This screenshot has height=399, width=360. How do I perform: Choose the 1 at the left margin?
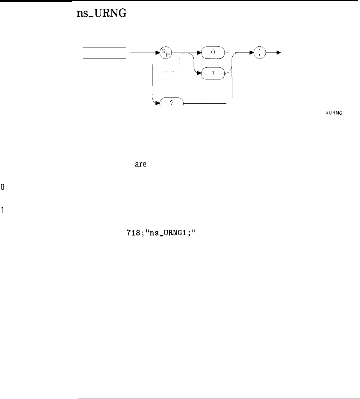coord(2,210)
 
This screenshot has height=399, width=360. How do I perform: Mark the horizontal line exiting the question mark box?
coord(205,103)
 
